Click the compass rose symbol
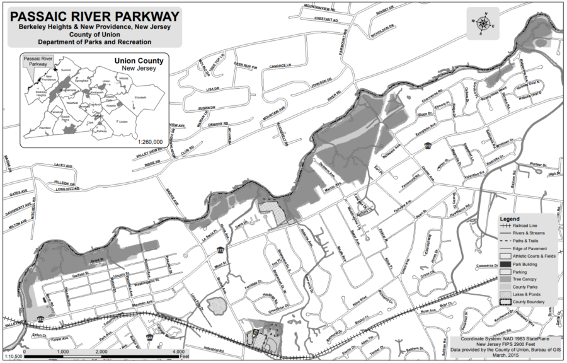tap(483, 23)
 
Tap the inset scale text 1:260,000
tap(149, 142)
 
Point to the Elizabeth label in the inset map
tap(140, 98)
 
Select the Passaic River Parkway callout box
tap(35, 60)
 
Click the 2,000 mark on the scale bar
tap(100, 351)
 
